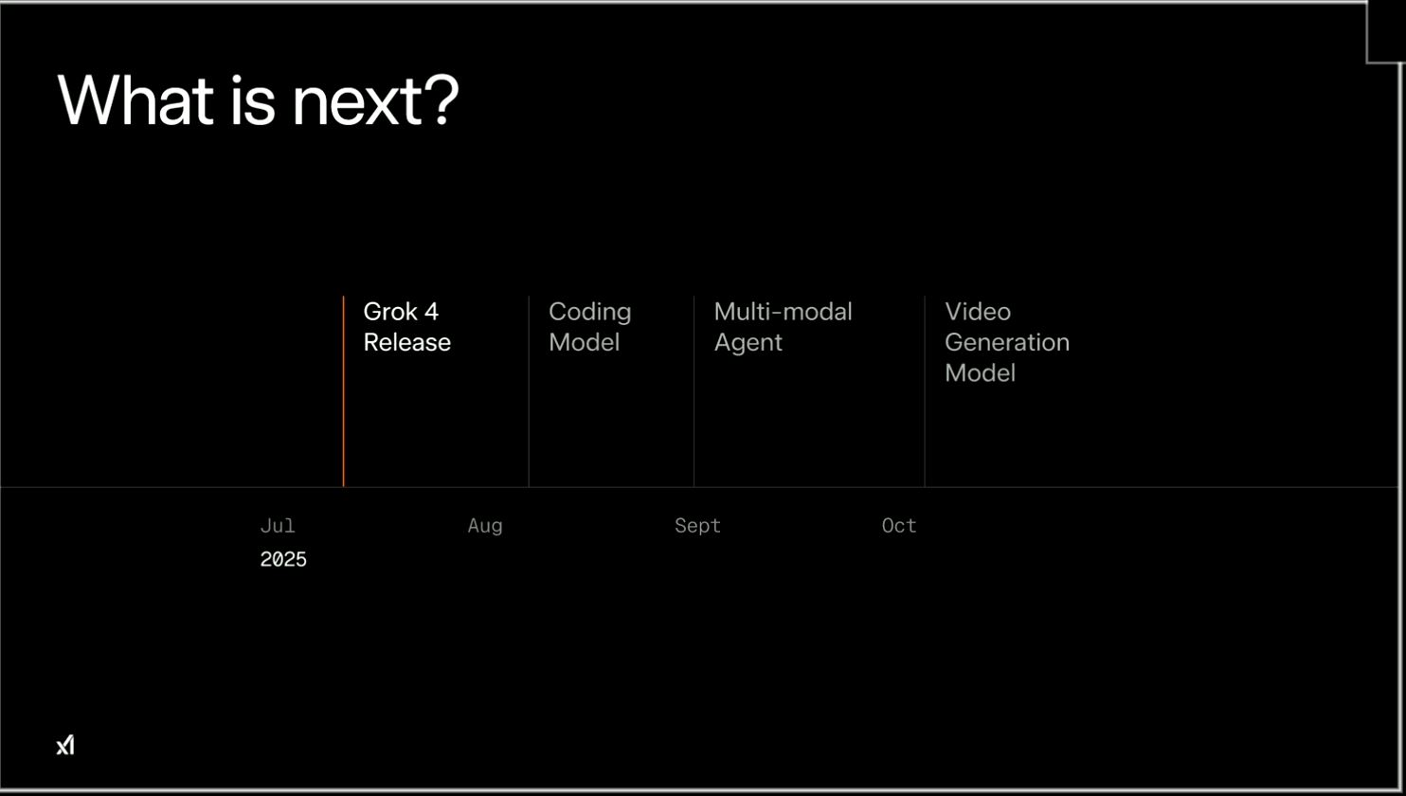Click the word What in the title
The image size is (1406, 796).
(135, 100)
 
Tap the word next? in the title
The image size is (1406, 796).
(376, 100)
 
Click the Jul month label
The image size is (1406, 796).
(278, 525)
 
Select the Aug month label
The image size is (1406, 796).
(485, 526)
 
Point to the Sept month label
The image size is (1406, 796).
(697, 526)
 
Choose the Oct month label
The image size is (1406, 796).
(899, 525)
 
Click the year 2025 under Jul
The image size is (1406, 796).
(283, 559)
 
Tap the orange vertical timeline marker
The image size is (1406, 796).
(343, 391)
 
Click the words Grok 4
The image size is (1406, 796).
(401, 312)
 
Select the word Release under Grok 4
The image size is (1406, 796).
(406, 342)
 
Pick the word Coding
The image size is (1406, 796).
(590, 313)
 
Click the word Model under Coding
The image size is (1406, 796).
(585, 342)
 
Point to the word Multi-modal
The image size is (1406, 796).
(784, 312)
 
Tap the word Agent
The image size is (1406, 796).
(748, 343)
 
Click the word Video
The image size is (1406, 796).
(978, 312)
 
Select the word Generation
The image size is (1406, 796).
(1007, 342)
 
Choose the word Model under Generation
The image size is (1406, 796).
(980, 373)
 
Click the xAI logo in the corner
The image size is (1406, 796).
(65, 745)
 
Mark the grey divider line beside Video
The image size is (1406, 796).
(925, 391)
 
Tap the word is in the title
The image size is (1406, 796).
(253, 100)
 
